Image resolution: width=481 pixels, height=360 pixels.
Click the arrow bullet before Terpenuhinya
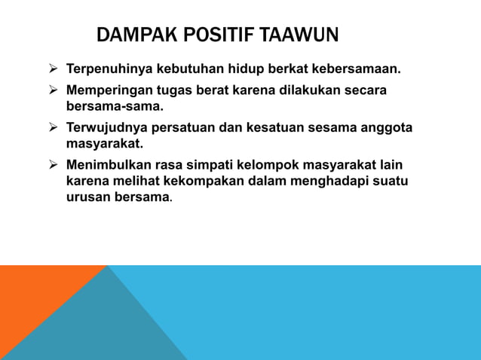(x=54, y=70)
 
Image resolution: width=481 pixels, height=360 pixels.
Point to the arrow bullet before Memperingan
(x=54, y=90)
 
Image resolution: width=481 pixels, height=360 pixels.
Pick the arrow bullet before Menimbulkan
(x=54, y=163)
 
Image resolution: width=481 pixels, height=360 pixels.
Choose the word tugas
(x=176, y=90)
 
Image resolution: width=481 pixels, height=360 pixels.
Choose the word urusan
(x=87, y=198)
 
